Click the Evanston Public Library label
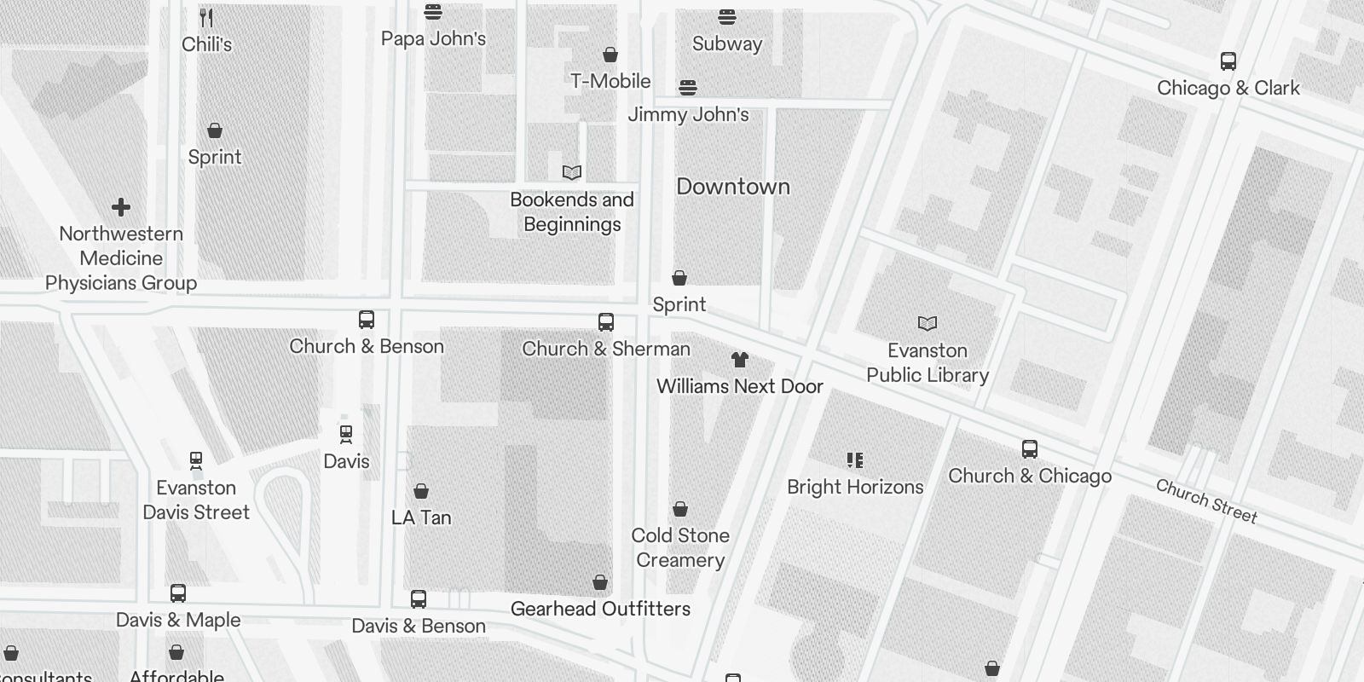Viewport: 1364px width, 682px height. (928, 363)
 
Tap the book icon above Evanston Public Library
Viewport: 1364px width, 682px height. (928, 323)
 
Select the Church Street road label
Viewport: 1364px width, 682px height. (1206, 500)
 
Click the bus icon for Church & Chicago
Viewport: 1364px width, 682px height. (1030, 449)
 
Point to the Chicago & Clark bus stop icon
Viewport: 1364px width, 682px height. (1228, 61)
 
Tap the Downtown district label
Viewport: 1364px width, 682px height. (733, 187)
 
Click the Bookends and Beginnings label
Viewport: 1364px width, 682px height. (572, 212)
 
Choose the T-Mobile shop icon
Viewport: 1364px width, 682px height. (610, 55)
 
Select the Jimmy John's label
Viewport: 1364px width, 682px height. (688, 114)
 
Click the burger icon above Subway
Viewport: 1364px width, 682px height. (727, 17)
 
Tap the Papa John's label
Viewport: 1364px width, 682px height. (433, 38)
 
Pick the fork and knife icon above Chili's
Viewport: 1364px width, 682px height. (206, 17)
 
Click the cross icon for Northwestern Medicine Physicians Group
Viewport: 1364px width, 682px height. (121, 207)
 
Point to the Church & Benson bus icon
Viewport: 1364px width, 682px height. (367, 320)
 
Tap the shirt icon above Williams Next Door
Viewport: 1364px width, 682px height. (739, 360)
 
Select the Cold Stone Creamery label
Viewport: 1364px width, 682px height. (680, 547)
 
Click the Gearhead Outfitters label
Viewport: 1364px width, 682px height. (600, 609)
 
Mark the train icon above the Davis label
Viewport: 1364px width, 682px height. (346, 435)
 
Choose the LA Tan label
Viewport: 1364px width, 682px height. (421, 517)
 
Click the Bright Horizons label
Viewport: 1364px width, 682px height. (855, 487)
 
